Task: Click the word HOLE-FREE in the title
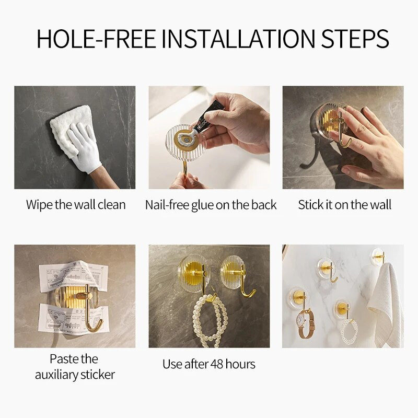96,39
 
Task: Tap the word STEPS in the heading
355,39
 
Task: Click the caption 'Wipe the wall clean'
76,205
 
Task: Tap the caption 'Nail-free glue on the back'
211,205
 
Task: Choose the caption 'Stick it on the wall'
344,205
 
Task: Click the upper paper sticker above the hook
73,275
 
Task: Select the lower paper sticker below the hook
73,319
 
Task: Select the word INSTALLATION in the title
238,39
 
